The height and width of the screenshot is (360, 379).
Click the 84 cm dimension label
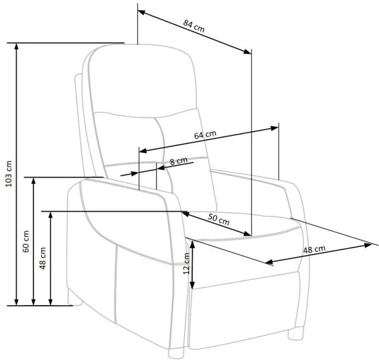click(x=194, y=26)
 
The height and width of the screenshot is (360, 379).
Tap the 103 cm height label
click(x=9, y=174)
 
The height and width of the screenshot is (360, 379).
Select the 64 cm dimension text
click(x=205, y=135)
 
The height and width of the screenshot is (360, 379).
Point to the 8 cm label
click(x=179, y=161)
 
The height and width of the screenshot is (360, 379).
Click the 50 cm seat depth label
click(x=219, y=219)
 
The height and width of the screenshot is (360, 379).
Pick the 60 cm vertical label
click(x=26, y=241)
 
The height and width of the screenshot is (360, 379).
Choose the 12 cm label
click(x=186, y=263)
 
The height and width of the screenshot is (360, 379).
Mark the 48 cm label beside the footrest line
click(x=314, y=249)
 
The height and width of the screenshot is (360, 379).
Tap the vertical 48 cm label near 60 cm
click(x=43, y=258)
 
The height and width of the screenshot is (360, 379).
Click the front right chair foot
click(x=296, y=333)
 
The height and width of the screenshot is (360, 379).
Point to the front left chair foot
click(x=176, y=353)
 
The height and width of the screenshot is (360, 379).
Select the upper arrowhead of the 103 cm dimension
click(x=16, y=46)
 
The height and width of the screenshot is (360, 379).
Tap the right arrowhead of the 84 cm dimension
click(x=248, y=51)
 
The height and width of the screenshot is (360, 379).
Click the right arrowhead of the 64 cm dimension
click(x=275, y=128)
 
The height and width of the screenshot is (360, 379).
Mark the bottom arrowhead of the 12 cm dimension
click(x=192, y=285)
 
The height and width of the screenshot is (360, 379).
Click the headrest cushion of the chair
click(x=143, y=81)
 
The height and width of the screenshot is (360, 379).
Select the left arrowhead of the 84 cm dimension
click(x=141, y=13)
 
